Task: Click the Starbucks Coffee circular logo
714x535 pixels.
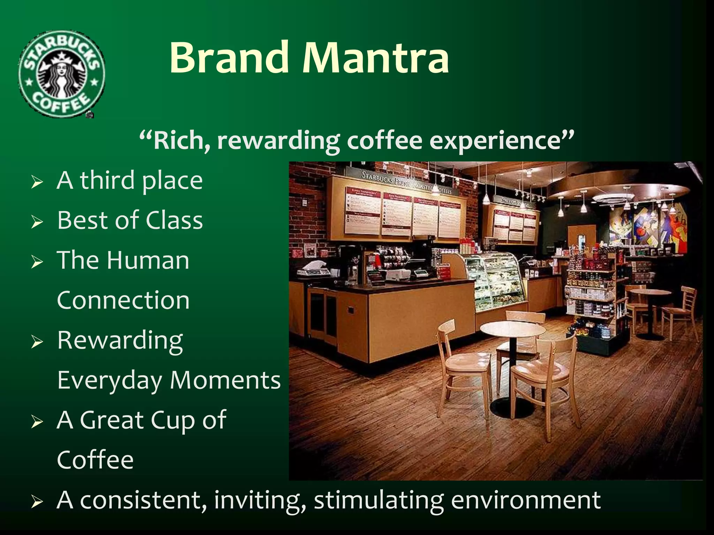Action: pos(61,74)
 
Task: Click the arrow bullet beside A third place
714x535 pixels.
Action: pos(37,182)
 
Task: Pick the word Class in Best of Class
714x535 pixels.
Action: pos(174,220)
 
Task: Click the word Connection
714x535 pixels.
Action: pos(123,300)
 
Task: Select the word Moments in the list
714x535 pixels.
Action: pos(225,380)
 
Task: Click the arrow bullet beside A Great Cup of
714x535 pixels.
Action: pos(37,422)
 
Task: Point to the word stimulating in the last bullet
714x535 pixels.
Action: pos(379,500)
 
